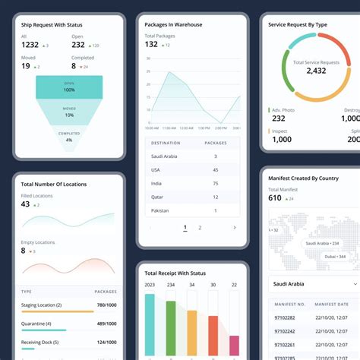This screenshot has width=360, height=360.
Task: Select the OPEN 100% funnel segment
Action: click(x=69, y=87)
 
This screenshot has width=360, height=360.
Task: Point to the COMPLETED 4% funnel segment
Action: click(x=69, y=137)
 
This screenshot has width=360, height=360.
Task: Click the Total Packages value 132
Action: click(x=151, y=44)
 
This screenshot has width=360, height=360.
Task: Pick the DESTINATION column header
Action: click(x=166, y=143)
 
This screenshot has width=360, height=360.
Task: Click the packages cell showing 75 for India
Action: click(x=216, y=183)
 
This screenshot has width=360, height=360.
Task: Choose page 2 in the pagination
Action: click(x=200, y=227)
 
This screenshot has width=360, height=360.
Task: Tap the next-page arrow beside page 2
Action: click(x=234, y=227)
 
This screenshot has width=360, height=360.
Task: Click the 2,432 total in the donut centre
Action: click(x=315, y=71)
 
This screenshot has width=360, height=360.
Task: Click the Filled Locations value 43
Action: click(x=26, y=204)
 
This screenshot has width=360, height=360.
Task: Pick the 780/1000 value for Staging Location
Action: click(x=106, y=305)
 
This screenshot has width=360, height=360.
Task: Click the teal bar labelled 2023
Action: click(x=150, y=327)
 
